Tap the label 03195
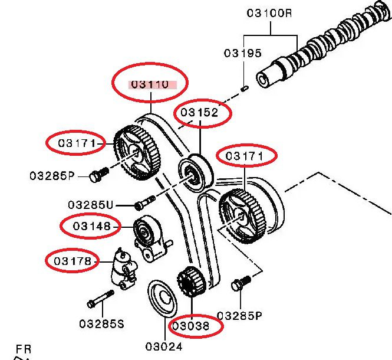coord(242,53)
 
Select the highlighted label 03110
coord(150,84)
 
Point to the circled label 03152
coord(200,112)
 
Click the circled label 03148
coord(92,226)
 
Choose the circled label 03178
coord(73,261)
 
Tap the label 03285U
coord(91,205)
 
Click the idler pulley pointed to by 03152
coord(194,172)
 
